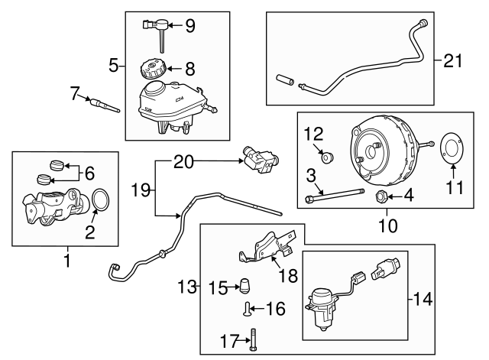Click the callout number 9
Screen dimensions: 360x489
(x=189, y=27)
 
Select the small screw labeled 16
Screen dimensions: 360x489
(x=247, y=310)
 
